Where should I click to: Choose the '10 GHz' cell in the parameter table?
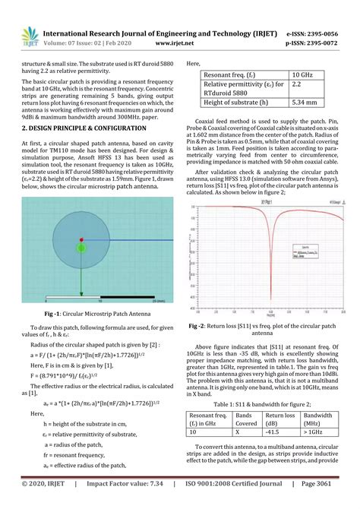tap(308, 77)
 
